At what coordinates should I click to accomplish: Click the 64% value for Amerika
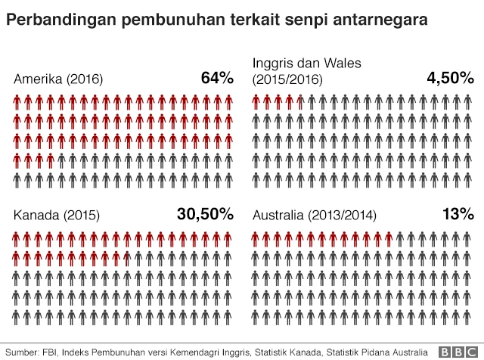(217, 78)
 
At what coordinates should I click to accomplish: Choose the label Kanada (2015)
(56, 216)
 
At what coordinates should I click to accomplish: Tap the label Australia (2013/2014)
(315, 216)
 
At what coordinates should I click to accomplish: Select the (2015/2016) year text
(287, 79)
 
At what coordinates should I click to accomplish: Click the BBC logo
(461, 352)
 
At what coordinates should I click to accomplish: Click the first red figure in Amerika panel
(19, 102)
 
